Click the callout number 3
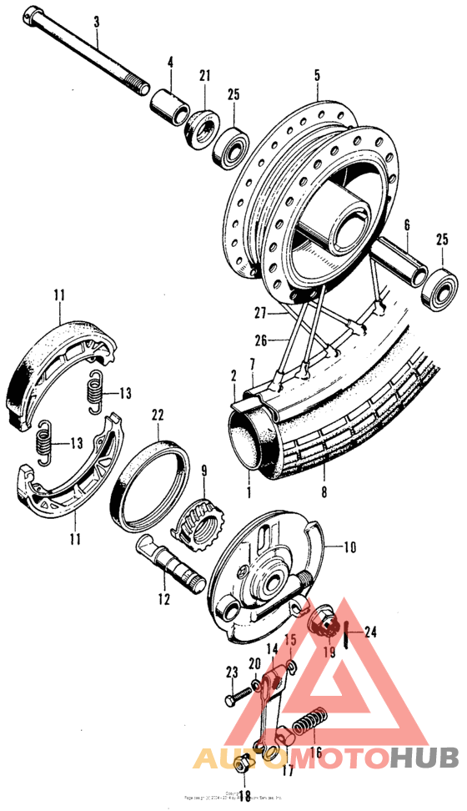[96, 19]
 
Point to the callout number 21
[203, 78]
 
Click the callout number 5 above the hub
[317, 75]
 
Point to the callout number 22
[157, 415]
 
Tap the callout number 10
[349, 548]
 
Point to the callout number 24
[370, 632]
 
